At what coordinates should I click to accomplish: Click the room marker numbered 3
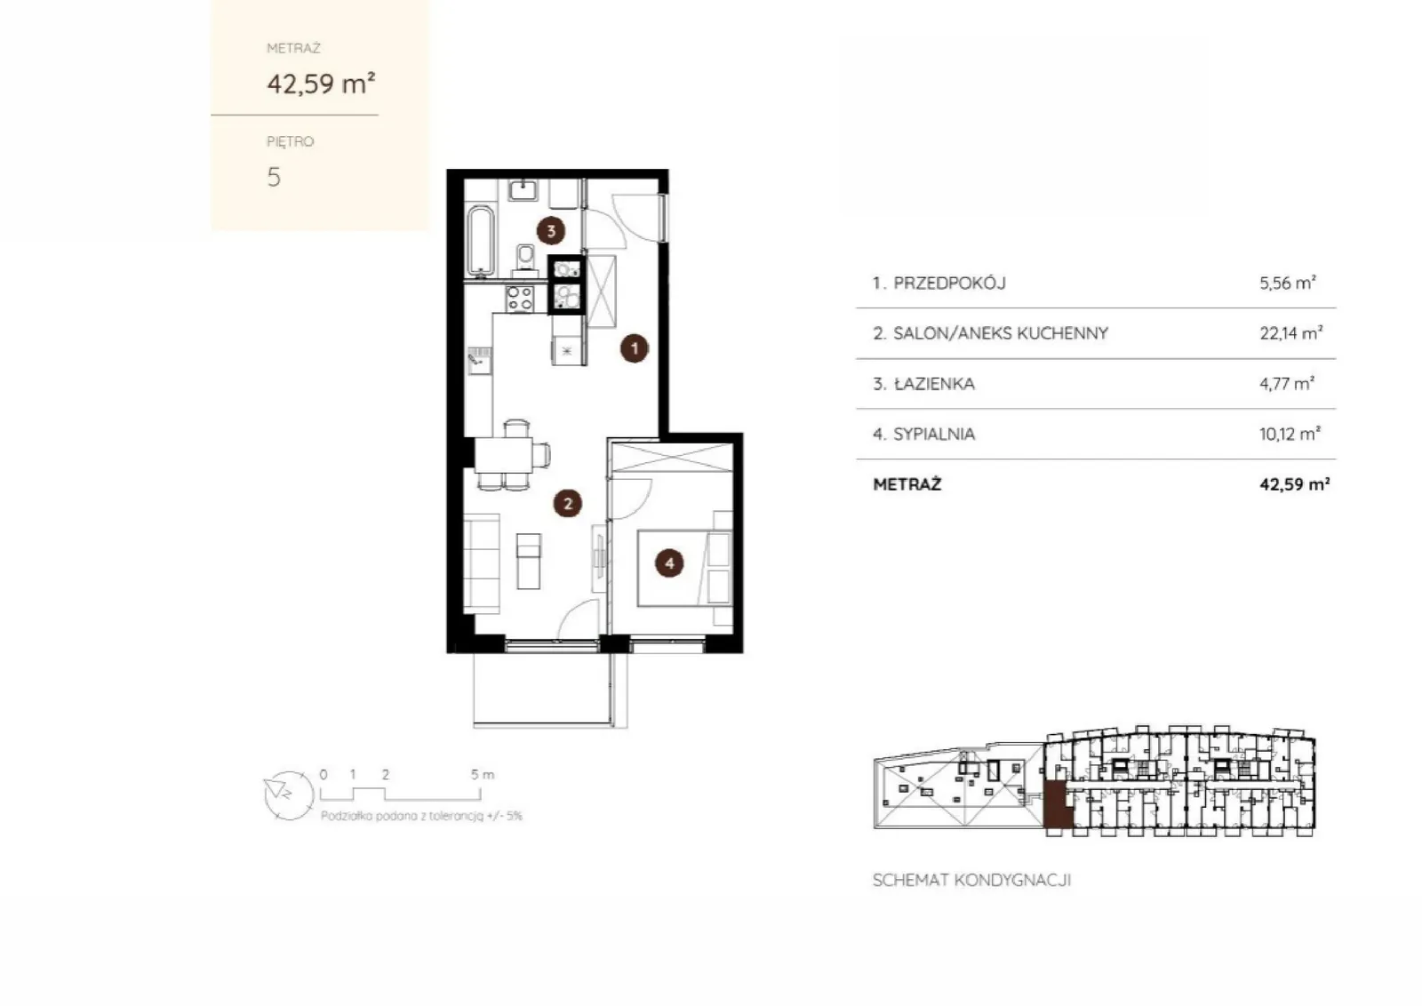point(551,231)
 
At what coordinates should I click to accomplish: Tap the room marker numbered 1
point(635,348)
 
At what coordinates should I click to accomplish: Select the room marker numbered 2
point(568,504)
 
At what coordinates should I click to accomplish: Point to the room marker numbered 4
point(669,563)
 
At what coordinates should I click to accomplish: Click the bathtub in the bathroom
point(481,241)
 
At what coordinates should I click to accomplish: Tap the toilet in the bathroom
point(525,260)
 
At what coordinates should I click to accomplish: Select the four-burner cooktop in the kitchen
point(519,299)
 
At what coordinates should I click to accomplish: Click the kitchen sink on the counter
point(480,361)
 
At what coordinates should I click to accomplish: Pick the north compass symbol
point(289,796)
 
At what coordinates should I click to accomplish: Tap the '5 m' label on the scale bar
point(483,775)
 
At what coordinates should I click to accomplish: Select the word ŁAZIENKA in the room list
point(934,383)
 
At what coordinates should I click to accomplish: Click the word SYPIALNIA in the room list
point(934,435)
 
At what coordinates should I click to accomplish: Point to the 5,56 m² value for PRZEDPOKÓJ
point(1288,283)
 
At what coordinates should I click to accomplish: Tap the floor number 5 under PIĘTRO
point(274,177)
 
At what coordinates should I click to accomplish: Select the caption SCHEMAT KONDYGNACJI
point(972,881)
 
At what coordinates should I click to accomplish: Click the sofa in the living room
point(482,563)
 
